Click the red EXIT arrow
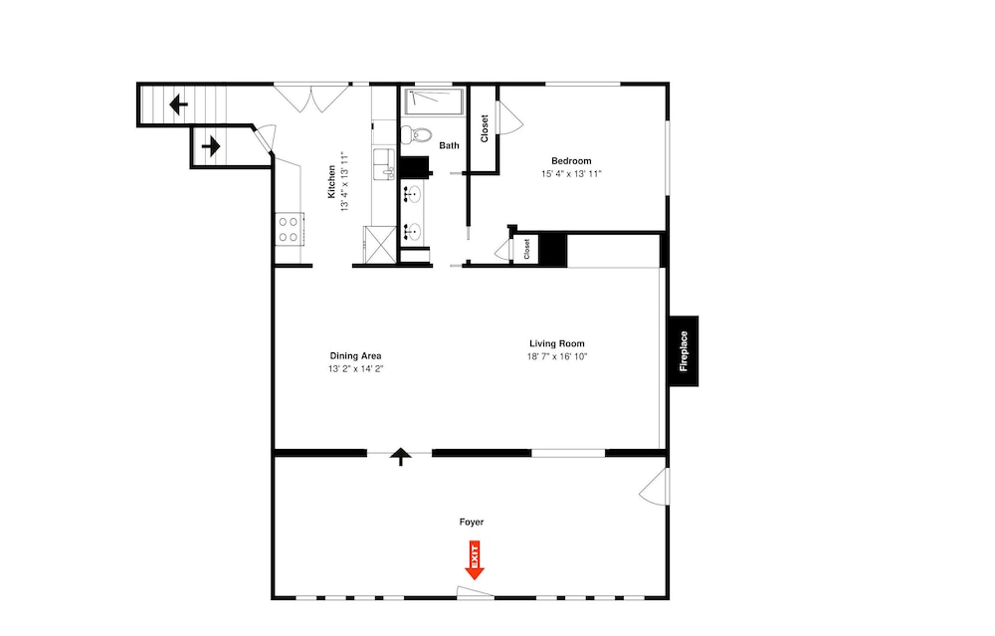[x=474, y=559]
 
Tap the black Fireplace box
[x=684, y=351]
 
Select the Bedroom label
[x=571, y=161]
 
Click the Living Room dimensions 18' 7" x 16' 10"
[x=557, y=356]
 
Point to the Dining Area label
[x=355, y=356]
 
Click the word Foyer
[x=472, y=522]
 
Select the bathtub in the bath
[x=435, y=102]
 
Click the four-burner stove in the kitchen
[x=289, y=229]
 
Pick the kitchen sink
[x=383, y=164]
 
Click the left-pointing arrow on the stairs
[x=178, y=105]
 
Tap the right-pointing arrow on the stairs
[x=211, y=146]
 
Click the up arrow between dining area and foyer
[x=400, y=457]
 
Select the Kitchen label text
[x=331, y=181]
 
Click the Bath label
[x=450, y=145]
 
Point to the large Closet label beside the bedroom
[x=485, y=128]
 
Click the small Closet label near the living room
[x=526, y=249]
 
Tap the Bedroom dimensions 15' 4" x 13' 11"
[x=571, y=174]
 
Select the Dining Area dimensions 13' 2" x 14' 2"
[x=356, y=369]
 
